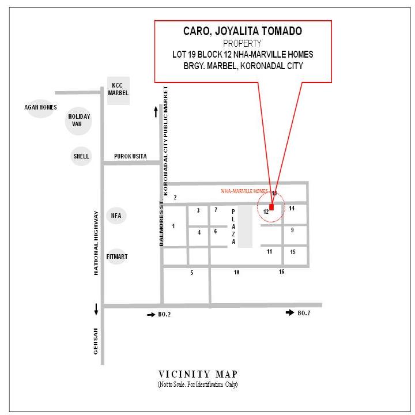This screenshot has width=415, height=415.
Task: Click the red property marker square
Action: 271,207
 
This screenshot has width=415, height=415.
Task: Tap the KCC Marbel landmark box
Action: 118,90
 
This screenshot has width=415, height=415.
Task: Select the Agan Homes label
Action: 40,107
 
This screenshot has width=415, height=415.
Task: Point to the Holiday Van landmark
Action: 78,120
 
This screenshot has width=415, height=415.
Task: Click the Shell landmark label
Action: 81,156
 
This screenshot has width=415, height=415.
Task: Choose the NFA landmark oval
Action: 116,216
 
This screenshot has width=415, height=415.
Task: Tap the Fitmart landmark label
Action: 117,256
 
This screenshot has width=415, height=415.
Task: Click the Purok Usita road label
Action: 130,156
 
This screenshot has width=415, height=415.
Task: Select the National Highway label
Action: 96,243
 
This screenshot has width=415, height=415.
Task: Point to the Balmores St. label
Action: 161,224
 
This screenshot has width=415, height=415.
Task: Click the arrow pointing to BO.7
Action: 290,312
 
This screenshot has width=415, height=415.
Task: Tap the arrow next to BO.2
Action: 151,315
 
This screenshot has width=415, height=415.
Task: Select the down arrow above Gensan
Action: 96,310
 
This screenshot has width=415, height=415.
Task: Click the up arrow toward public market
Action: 156,112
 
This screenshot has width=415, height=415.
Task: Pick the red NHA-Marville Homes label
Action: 244,191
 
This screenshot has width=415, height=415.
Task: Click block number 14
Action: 292,208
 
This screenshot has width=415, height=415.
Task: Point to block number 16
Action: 282,271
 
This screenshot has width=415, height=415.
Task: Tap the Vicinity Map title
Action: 198,374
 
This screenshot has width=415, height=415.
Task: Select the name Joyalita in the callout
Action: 235,31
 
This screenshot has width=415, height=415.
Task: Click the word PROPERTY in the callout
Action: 242,43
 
